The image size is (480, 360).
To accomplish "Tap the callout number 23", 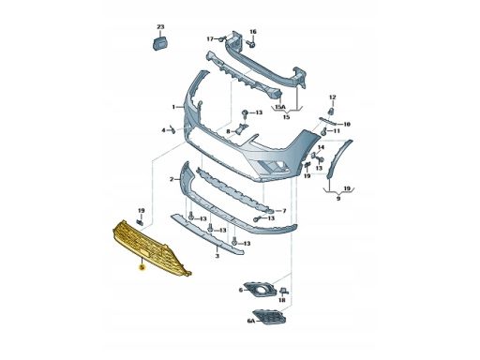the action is coord(160,27).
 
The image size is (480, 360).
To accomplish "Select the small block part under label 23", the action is coord(160,43).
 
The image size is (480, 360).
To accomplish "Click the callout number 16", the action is coord(253,32).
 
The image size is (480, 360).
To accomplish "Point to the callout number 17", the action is coord(210,39).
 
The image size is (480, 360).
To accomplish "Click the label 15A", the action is coord(280,107).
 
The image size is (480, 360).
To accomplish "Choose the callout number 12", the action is coord(333,97).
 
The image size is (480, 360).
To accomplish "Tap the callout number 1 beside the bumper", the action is coord(173,107).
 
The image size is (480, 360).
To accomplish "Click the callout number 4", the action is coord(163,130).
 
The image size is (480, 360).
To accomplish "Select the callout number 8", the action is coord(228,131).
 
